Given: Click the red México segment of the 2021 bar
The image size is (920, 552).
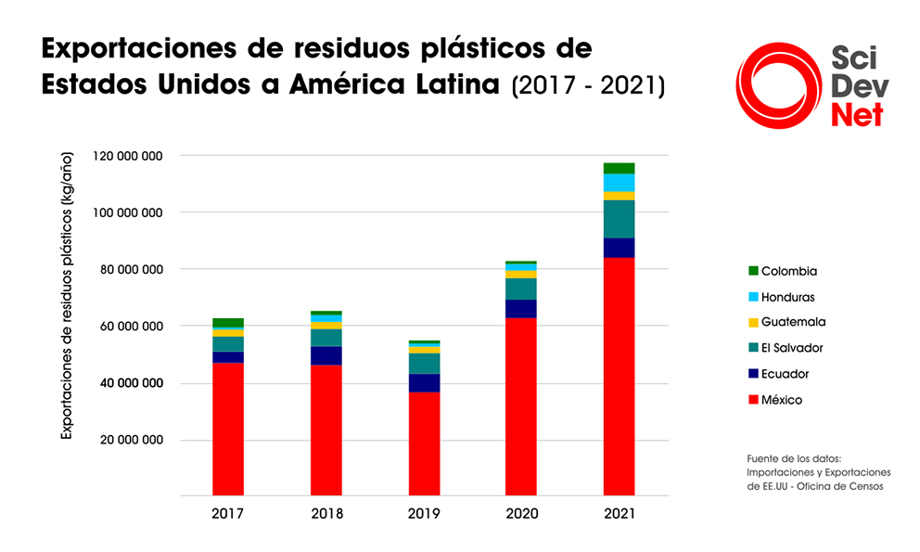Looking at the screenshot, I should tap(619, 376).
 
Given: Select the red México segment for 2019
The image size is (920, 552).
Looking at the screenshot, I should tap(424, 443).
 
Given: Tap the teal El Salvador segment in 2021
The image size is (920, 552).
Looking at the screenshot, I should tap(619, 219).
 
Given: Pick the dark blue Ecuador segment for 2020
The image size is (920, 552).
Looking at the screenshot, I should tap(521, 308).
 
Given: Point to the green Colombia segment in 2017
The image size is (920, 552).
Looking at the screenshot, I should tap(228, 323).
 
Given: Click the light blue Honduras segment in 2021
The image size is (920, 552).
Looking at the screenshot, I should tap(619, 182).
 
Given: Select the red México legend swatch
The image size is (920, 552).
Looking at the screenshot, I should tap(753, 400).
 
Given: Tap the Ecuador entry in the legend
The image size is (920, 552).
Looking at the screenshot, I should tap(785, 374).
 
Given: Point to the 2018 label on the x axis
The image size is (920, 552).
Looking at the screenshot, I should tap(326, 513).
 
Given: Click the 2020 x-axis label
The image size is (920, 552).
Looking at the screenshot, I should tap(521, 513).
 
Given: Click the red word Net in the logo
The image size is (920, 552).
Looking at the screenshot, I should tap(856, 115).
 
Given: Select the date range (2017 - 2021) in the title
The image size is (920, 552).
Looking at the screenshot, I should tap(587, 85).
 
